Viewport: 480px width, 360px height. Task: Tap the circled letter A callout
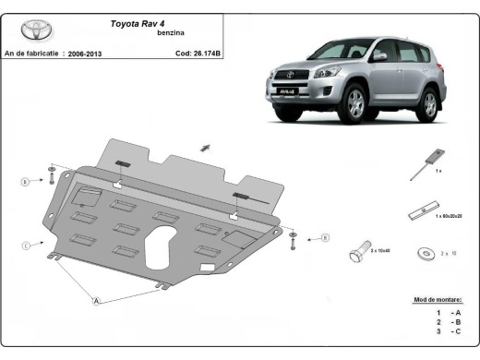coord(95,300)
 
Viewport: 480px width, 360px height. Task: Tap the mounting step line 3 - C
coord(449,330)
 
